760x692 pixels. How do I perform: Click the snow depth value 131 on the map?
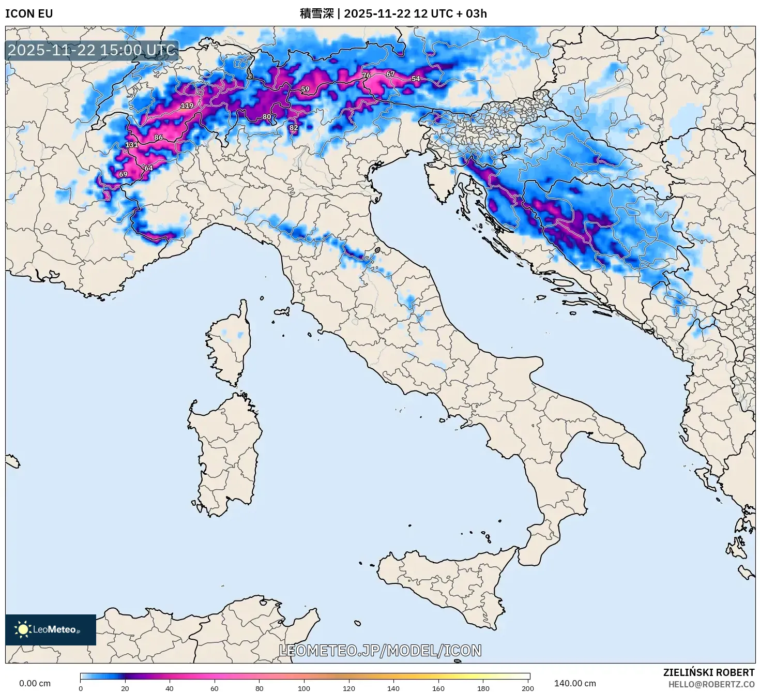(x=131, y=145)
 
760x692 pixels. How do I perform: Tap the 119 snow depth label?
(x=187, y=106)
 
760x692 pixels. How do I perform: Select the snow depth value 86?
(x=158, y=138)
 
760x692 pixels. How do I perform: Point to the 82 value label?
(x=294, y=128)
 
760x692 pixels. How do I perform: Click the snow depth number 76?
(x=366, y=76)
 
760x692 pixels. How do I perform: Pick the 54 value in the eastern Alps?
(x=416, y=79)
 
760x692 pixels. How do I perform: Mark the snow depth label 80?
(x=267, y=117)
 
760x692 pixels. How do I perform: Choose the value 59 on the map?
(x=305, y=89)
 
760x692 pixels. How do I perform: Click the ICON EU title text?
(x=29, y=13)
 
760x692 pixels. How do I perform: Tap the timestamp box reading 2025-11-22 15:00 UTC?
(x=92, y=50)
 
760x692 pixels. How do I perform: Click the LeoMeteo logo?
(x=51, y=629)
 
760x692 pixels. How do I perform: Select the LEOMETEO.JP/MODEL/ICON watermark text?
(x=380, y=651)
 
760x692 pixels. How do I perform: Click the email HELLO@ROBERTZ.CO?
(x=711, y=684)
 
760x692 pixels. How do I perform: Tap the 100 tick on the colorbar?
(x=304, y=688)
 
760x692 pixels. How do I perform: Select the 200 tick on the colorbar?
(x=527, y=688)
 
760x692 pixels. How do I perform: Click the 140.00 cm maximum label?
(x=575, y=683)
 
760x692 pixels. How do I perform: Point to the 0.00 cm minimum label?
(x=35, y=683)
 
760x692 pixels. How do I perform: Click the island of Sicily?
(x=445, y=584)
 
